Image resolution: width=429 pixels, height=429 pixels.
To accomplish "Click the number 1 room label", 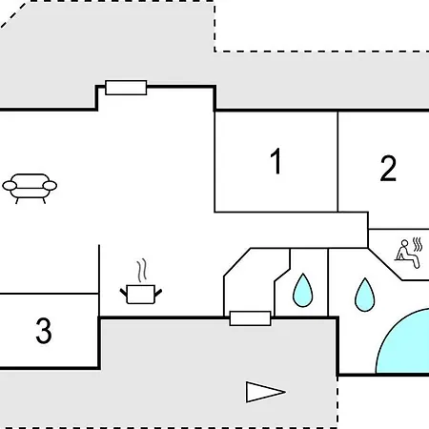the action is point(276,161).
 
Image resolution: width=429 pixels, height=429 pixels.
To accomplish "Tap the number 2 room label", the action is point(388,169).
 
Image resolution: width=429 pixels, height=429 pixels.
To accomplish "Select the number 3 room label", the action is point(44,331).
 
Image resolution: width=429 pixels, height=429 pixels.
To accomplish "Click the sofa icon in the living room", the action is point(30,189).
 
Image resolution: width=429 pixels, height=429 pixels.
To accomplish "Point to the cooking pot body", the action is point(141,295).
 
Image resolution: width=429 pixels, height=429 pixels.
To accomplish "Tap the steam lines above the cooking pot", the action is point(142,271).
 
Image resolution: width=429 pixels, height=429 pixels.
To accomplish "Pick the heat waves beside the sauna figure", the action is point(418,244).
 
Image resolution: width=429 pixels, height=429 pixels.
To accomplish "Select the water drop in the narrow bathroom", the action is point(302,291).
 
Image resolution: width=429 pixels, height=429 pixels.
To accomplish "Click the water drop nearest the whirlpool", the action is point(364,295).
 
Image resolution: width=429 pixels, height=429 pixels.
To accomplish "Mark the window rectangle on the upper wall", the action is point(126,88).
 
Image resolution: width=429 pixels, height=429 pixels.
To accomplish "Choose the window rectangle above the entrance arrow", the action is point(250,318).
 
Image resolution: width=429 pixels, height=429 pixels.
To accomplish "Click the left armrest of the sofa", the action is point(10,186).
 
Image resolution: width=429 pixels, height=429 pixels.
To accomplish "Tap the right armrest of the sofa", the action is point(50,186).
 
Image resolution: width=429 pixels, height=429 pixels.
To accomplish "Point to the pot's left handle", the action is point(123,293).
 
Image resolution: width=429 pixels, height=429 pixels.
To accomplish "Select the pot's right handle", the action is point(158,293).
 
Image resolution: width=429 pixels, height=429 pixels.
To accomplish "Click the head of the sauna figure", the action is point(404,243).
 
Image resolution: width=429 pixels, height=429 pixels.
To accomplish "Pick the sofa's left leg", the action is point(17,200).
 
